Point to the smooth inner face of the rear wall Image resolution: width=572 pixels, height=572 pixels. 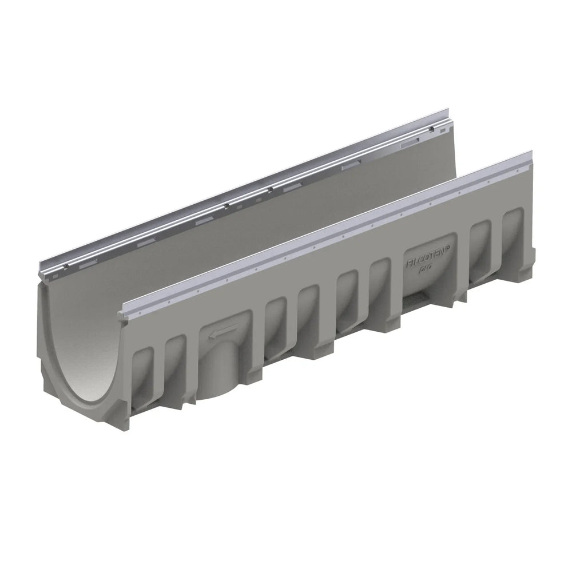pyautogui.click(x=257, y=217)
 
